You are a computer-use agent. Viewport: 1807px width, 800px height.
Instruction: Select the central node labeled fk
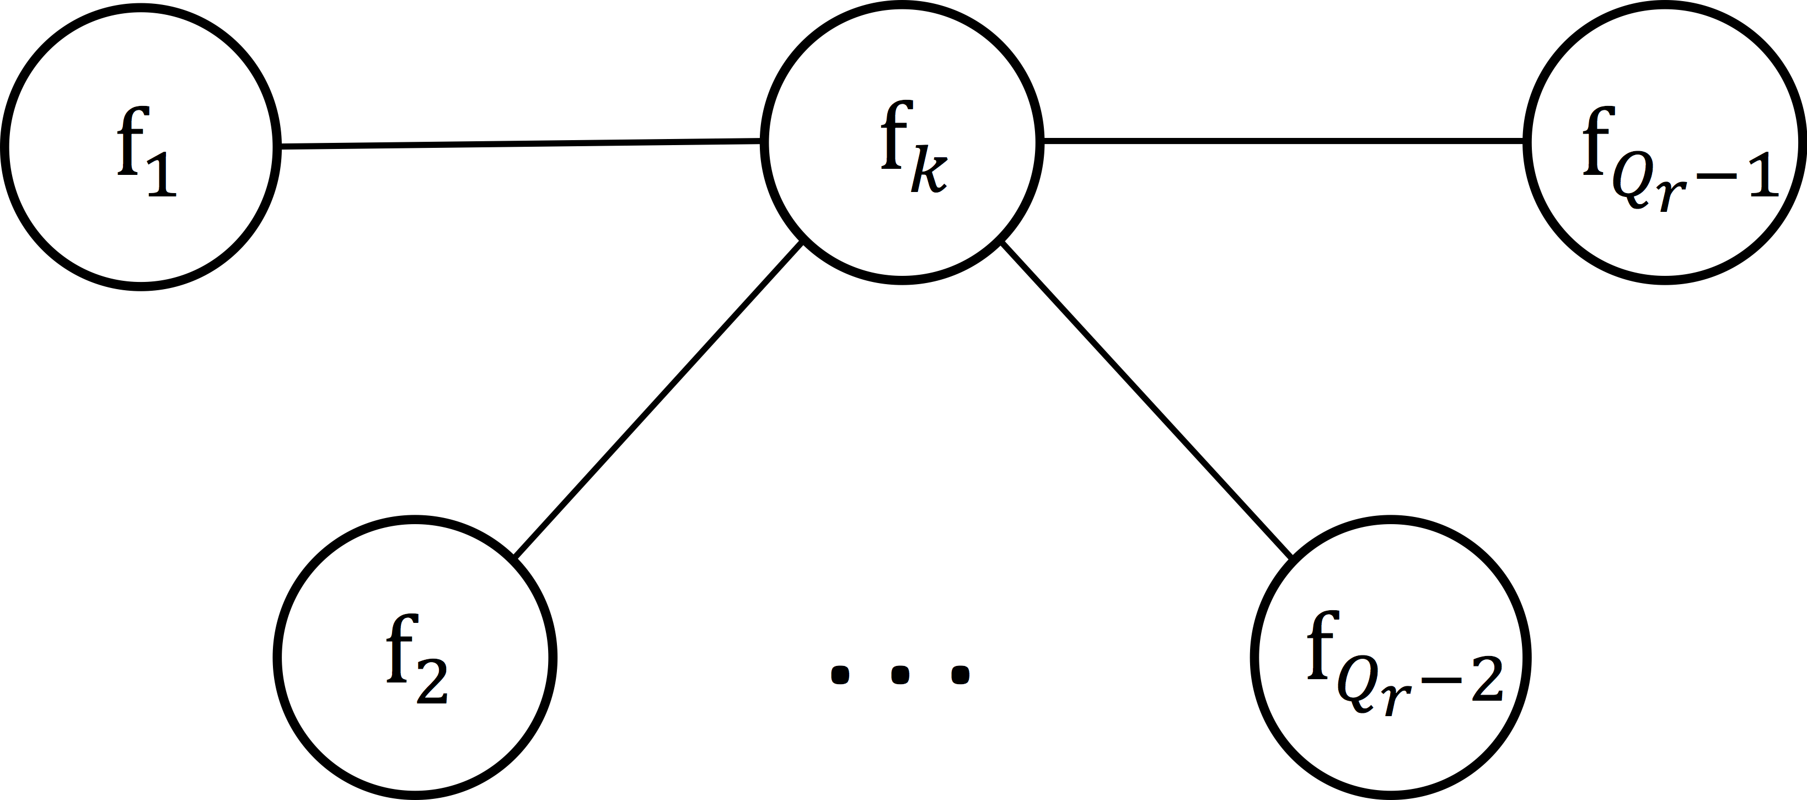[902, 142]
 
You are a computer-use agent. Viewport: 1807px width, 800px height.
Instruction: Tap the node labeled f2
[415, 658]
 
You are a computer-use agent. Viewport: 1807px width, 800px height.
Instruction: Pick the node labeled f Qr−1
[1665, 142]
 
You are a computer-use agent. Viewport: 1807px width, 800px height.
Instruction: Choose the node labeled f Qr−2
[1390, 658]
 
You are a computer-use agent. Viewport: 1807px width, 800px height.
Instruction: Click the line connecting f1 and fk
[519, 144]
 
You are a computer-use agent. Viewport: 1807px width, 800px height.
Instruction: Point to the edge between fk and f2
[658, 398]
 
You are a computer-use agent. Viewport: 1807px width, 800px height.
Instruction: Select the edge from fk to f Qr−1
[1284, 141]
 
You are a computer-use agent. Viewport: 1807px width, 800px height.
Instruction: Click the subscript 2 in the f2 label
[432, 682]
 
